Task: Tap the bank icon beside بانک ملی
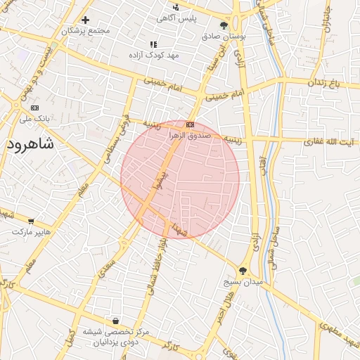(34, 108)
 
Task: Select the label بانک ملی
(35, 119)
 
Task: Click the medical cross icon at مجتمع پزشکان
(85, 20)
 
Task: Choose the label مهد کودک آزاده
(154, 54)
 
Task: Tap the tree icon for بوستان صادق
(224, 26)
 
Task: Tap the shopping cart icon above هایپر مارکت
(30, 221)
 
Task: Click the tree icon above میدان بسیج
(243, 271)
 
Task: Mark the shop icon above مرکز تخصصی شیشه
(115, 321)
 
